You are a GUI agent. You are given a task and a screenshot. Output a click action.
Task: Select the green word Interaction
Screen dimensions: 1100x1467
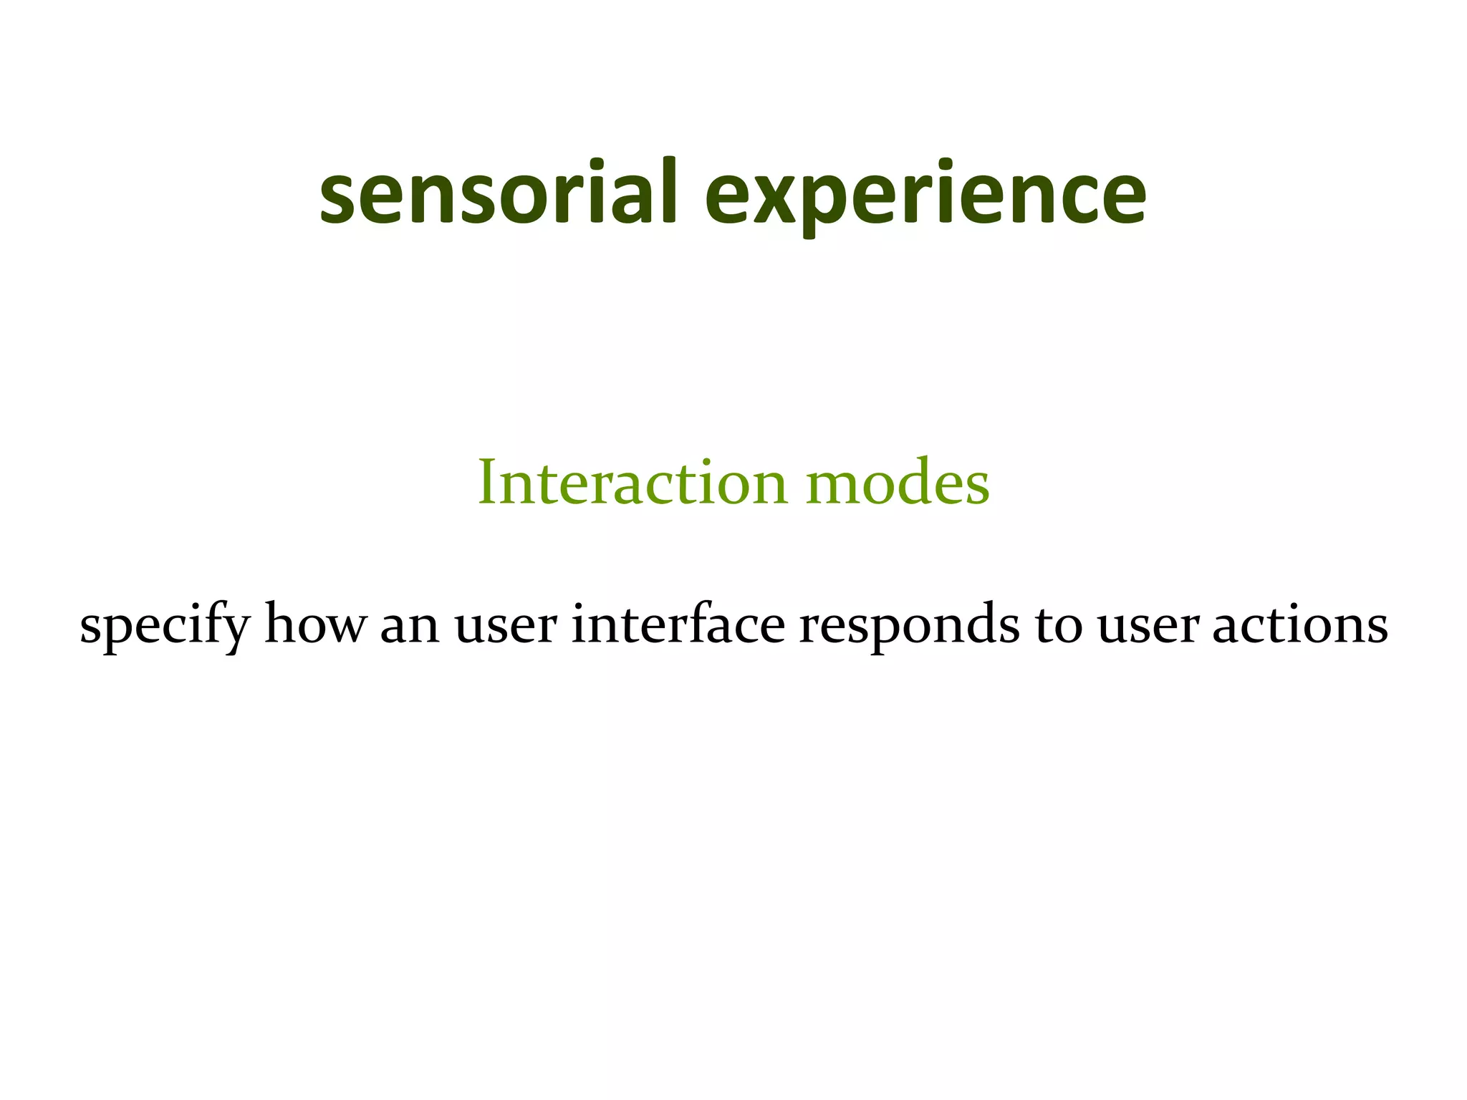point(632,482)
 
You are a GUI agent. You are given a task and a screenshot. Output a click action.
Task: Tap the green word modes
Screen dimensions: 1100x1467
point(898,482)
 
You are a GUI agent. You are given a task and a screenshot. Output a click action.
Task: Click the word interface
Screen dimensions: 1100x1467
point(678,624)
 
